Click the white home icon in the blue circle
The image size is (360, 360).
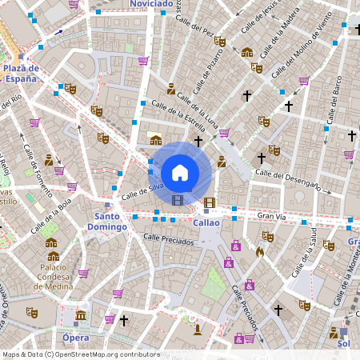pos(180,172)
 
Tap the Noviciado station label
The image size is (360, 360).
pos(150,4)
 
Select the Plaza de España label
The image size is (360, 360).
pos(21,74)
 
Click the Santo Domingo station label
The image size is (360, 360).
pos(110,222)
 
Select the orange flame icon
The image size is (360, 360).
pos(259,251)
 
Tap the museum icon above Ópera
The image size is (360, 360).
pos(80,317)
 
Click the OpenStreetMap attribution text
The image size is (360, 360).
pos(80,354)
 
